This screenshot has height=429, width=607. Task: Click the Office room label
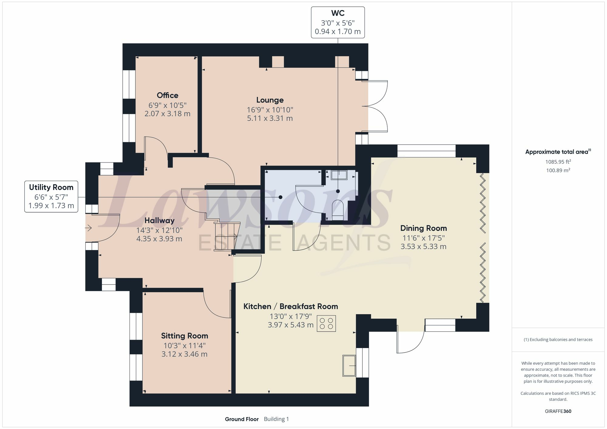168,95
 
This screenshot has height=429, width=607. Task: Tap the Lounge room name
270,100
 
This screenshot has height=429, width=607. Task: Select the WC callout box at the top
338,22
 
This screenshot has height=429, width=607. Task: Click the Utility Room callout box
51,196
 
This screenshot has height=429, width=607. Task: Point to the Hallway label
159,220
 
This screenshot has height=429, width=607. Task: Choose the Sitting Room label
185,336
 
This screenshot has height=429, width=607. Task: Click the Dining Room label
423,228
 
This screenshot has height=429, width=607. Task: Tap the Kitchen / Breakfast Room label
291,307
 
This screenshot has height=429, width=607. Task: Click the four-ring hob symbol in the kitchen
326,323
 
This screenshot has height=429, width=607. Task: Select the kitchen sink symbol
349,365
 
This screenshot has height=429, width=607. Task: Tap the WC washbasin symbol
339,175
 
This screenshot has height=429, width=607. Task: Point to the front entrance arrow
88,227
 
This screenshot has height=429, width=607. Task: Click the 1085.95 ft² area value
558,162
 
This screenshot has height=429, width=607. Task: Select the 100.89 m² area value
558,170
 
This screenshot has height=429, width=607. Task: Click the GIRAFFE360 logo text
558,411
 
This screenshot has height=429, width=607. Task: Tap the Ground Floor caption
242,419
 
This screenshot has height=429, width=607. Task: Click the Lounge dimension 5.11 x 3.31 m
270,118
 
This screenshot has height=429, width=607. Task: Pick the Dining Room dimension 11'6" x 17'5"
423,238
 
